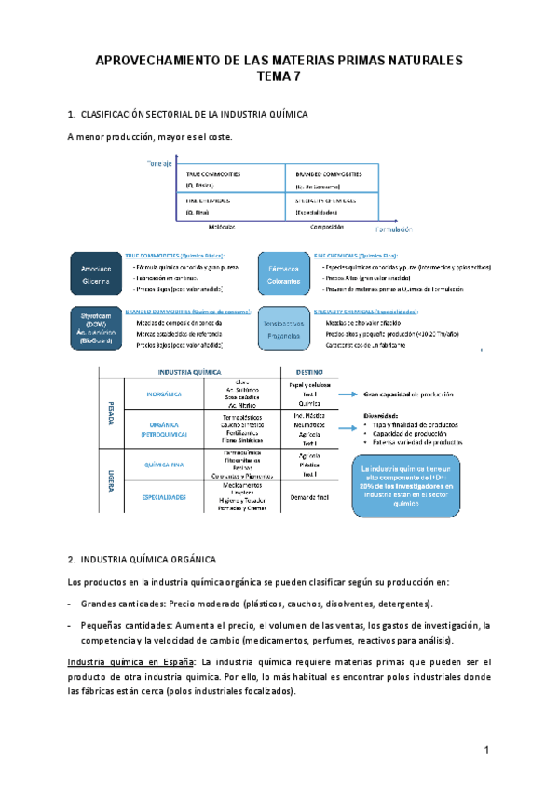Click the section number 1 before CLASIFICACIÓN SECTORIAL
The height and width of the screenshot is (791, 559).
point(71,114)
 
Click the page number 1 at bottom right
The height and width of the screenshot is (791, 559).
point(486,751)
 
